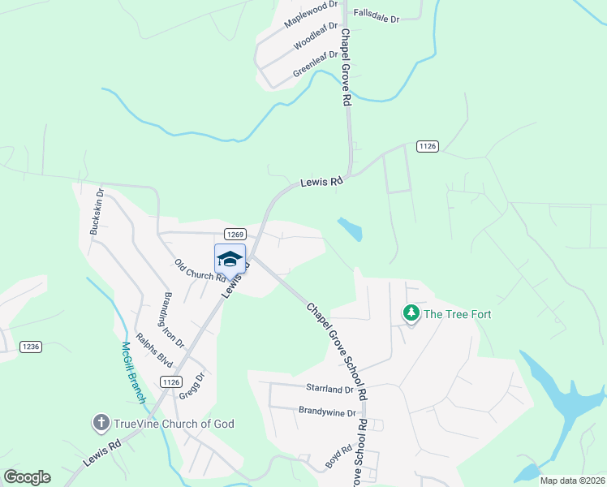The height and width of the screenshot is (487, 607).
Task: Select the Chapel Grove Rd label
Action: pos(345,68)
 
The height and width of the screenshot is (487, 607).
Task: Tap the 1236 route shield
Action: pos(30,347)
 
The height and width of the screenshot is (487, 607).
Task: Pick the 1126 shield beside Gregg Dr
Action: pos(170,381)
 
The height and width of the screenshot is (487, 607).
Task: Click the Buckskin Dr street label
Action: pos(97,213)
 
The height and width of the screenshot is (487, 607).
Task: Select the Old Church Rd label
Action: pos(199,270)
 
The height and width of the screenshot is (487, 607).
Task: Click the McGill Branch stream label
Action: pos(132,372)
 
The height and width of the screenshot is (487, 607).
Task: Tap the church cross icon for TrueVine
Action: pos(101,422)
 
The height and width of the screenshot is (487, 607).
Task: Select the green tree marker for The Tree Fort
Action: pos(411,313)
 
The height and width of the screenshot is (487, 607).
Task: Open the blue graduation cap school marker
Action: pos(230,259)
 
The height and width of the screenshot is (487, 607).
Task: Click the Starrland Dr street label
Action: pos(329,390)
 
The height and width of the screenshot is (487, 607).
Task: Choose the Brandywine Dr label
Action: pos(327,412)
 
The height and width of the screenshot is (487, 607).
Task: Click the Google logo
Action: pos(27,477)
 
